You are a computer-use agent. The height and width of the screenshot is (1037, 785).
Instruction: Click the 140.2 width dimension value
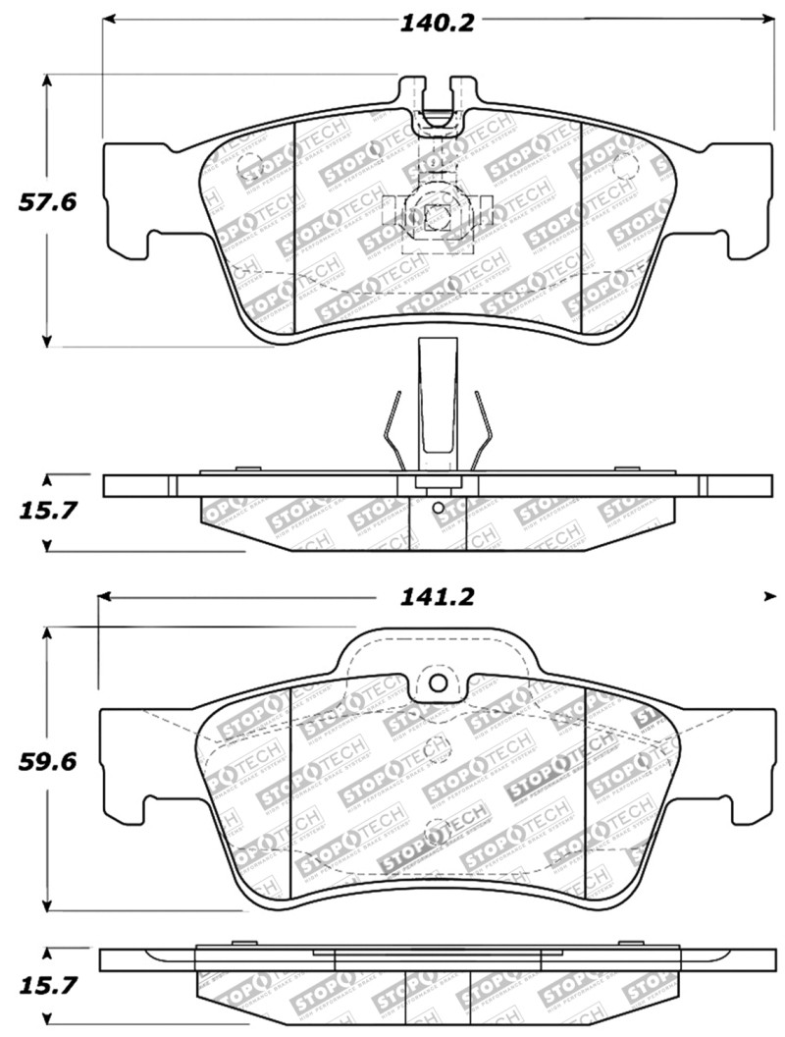pyautogui.click(x=436, y=23)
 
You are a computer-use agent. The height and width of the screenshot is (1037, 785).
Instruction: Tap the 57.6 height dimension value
pyautogui.click(x=46, y=203)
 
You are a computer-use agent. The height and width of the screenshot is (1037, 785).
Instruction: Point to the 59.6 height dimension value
pyautogui.click(x=46, y=760)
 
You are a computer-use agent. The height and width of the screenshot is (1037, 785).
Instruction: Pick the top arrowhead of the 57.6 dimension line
pyautogui.click(x=46, y=82)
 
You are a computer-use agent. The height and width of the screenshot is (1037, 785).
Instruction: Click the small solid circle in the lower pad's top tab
pyautogui.click(x=439, y=683)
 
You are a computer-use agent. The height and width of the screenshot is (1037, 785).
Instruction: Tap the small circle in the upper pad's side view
pyautogui.click(x=438, y=508)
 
